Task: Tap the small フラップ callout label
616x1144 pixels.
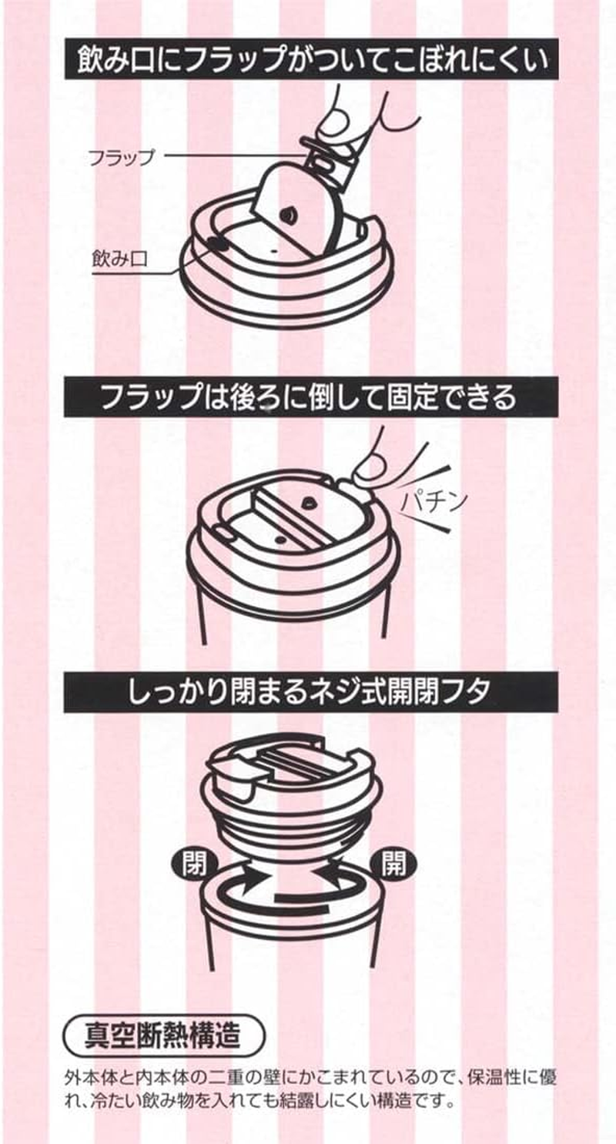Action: tap(121, 157)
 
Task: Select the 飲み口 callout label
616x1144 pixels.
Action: tap(119, 259)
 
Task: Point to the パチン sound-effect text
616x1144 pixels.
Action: tap(434, 500)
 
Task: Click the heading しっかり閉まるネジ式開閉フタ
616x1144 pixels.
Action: tap(310, 692)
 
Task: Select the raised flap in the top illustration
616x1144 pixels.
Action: tap(291, 209)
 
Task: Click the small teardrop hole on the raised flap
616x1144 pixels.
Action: tap(288, 215)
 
